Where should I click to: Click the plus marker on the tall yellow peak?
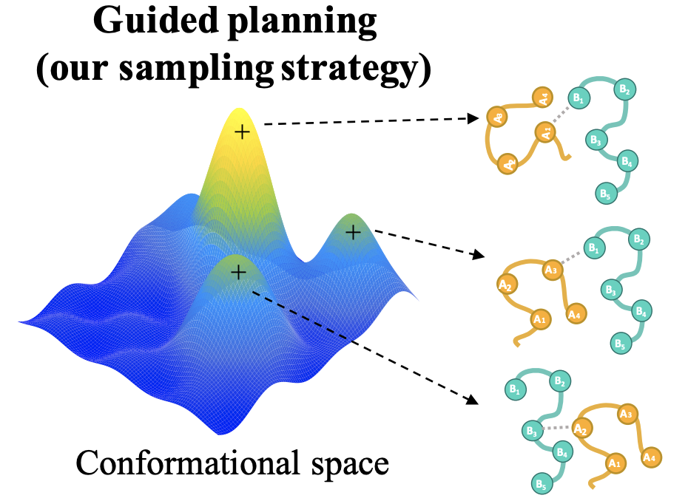[x=242, y=132]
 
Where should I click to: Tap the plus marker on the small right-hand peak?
[x=353, y=232]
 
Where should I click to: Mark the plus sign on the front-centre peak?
[x=238, y=273]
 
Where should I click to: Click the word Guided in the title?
[x=156, y=21]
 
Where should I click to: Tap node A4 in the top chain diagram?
[x=542, y=98]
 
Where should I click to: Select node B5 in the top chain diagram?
[x=606, y=194]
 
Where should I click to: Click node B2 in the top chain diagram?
[x=625, y=89]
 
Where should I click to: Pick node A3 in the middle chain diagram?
[x=551, y=270]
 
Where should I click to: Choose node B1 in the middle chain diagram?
[x=595, y=248]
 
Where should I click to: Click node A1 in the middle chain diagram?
[x=540, y=318]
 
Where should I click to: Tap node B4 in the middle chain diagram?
[x=641, y=311]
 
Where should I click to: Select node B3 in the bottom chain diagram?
[x=532, y=431]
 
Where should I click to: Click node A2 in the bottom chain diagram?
[x=581, y=429]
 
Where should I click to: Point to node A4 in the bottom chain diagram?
[x=650, y=457]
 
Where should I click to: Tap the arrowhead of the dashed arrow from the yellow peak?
[x=473, y=118]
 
